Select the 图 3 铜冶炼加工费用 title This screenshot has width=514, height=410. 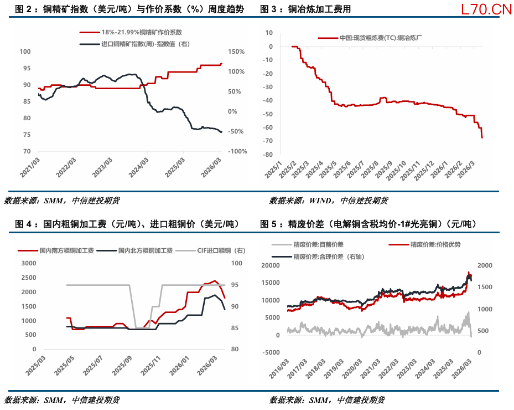pos(305,9)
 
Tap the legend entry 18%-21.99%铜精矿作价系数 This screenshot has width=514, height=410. pos(142,33)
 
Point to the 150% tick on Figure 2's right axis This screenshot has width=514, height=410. pos(237,52)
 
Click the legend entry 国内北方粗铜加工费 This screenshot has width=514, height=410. pos(146,250)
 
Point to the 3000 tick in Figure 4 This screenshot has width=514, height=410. pos(28,263)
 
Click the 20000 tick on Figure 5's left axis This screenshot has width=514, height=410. pos(273,265)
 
